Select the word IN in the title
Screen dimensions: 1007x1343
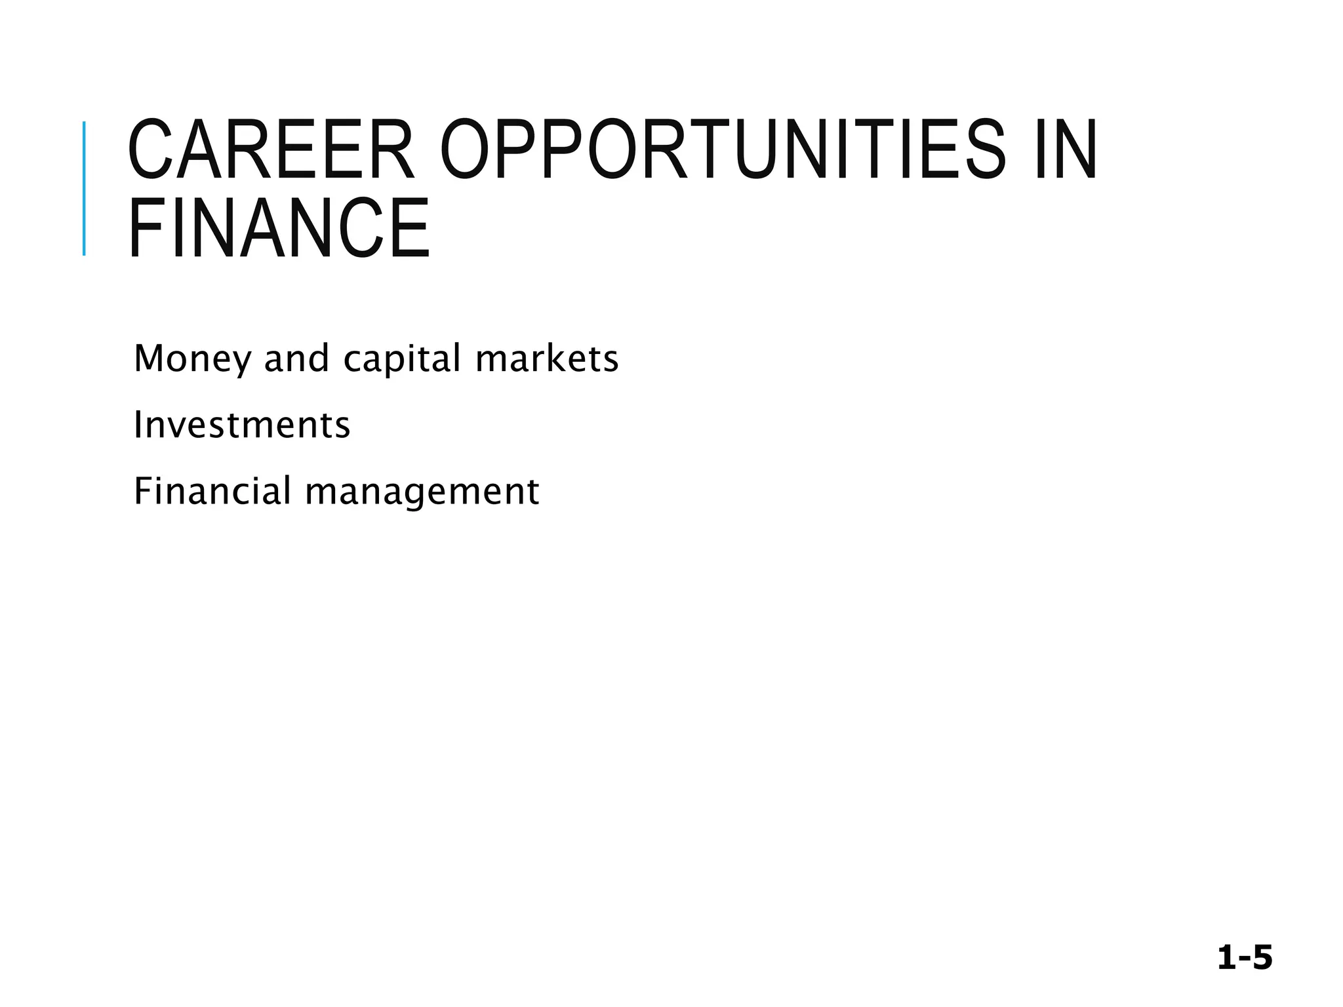tap(1066, 149)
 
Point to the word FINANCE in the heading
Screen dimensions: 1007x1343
tap(279, 229)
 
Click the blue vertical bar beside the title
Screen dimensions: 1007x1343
tap(84, 188)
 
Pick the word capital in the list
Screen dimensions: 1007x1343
tap(403, 359)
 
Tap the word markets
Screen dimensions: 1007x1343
tap(547, 359)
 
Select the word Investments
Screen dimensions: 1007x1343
tap(242, 425)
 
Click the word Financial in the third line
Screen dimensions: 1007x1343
tap(212, 491)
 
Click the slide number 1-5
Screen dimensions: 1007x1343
tap(1245, 958)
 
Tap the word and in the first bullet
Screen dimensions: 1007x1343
tap(296, 359)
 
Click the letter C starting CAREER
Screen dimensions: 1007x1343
tap(147, 149)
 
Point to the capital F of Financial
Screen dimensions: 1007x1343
tap(142, 491)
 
